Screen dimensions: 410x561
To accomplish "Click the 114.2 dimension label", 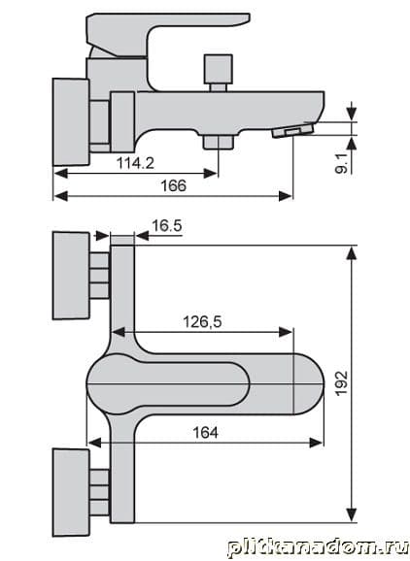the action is tap(135, 163).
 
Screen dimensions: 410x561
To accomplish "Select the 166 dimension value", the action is tap(173, 186).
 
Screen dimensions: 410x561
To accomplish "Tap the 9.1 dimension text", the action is tap(341, 163).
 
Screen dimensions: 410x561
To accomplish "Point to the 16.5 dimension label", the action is tap(167, 226).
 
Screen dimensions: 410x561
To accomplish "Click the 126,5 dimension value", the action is tap(202, 322).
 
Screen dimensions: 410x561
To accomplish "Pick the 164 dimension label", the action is tap(205, 433).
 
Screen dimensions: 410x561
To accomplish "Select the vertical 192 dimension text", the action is tap(342, 382).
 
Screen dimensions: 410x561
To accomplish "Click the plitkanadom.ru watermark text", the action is tap(318, 547).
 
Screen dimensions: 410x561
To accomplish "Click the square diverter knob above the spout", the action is tap(218, 69).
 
